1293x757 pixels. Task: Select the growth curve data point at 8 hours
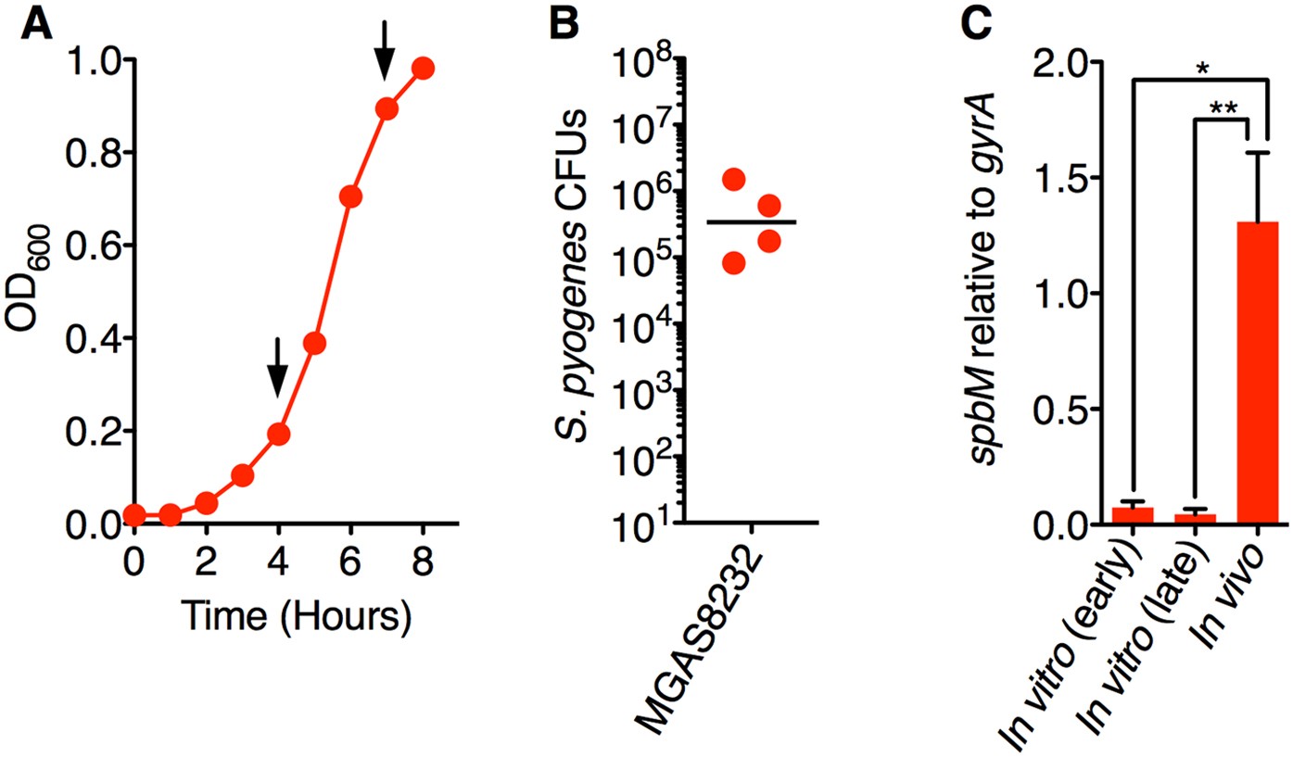coord(424,69)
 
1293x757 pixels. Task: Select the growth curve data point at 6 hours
coord(350,196)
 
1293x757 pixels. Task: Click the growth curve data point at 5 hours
coord(314,344)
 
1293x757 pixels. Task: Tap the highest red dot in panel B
coord(733,179)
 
